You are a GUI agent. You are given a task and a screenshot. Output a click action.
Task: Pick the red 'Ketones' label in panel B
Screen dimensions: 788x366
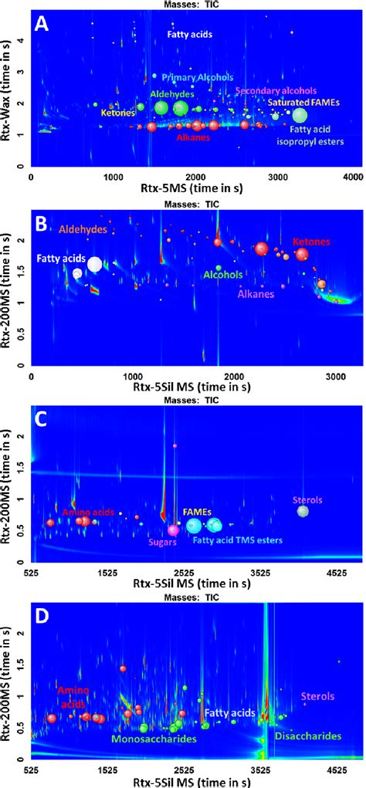tap(310, 242)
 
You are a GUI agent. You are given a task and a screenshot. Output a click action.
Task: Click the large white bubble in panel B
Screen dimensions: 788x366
tap(94, 264)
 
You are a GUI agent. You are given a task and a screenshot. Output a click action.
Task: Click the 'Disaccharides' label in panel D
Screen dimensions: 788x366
tap(308, 736)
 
